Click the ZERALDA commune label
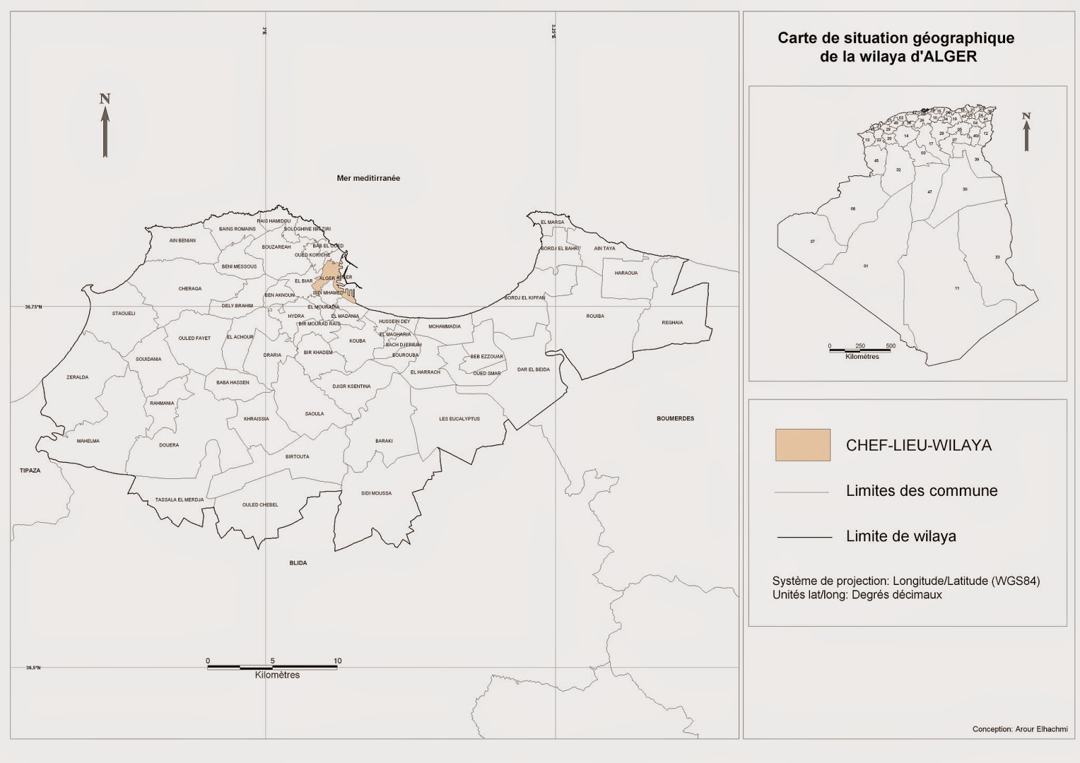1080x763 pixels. point(77,377)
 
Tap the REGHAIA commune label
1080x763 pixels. point(672,322)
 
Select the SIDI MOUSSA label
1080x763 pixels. point(376,493)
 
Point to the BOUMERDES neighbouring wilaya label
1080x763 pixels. point(675,418)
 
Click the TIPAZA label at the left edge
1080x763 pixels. point(30,470)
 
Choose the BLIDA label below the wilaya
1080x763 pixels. point(298,563)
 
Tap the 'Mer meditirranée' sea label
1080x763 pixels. point(369,178)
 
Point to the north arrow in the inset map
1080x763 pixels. point(1026,132)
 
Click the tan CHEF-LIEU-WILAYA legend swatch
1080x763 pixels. point(803,445)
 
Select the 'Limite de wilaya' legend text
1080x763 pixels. point(900,536)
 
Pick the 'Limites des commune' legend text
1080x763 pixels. point(921,490)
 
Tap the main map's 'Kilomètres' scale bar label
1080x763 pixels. point(277,675)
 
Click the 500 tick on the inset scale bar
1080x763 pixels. point(890,345)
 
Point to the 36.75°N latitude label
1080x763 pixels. point(34,307)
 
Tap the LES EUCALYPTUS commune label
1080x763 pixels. point(459,419)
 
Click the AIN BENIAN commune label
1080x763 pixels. point(182,240)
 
